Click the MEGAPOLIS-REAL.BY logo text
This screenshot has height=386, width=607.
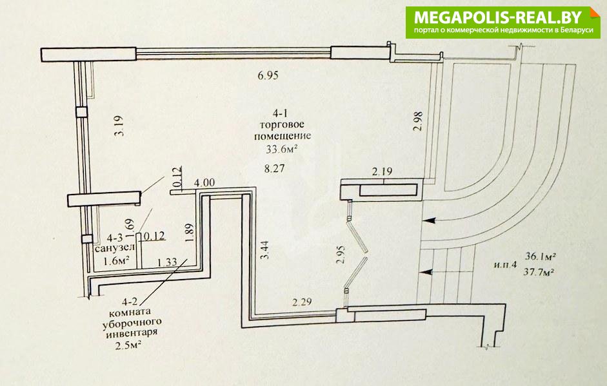point(498,17)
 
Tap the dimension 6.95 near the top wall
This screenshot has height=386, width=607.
point(268,75)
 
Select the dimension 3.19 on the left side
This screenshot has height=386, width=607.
point(120,126)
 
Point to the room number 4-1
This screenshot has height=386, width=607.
point(281,113)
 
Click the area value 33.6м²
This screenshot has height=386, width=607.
point(281,149)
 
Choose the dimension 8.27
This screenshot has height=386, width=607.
point(274,169)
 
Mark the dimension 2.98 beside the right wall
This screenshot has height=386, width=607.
point(418,121)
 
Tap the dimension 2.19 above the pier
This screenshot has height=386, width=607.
point(382,171)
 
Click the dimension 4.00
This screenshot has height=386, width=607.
point(204,182)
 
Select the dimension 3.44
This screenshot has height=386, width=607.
point(265,250)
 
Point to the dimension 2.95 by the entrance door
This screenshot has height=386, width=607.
point(341,254)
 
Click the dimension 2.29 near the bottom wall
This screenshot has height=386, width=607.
point(301,302)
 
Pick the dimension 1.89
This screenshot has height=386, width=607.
point(189,233)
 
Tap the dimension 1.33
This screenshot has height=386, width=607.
point(167,262)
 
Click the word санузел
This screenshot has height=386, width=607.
point(115,247)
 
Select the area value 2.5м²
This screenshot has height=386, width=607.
point(128,345)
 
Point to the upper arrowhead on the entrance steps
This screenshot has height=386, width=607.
point(430,221)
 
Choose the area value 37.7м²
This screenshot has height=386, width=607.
point(538,272)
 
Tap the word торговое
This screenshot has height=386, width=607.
point(282,125)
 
